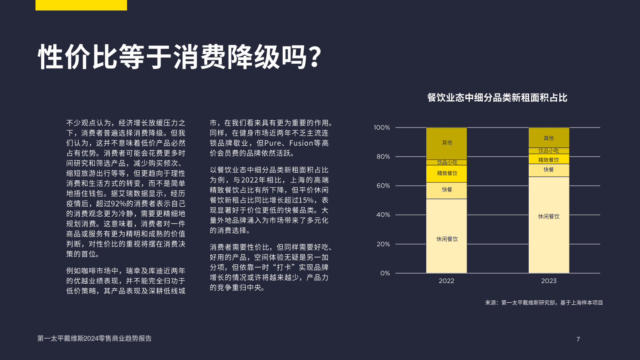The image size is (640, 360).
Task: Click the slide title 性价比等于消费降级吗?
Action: coord(179,57)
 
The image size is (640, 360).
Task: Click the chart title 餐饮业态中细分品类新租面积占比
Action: coord(497,98)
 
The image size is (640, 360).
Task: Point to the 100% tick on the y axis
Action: coord(381,128)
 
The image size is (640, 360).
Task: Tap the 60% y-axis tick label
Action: coord(383,186)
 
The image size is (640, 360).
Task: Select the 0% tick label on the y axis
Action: coord(385,273)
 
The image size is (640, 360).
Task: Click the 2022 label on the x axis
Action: coord(446,281)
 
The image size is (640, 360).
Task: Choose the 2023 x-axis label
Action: coord(548,281)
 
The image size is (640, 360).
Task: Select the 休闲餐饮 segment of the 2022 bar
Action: coord(446,236)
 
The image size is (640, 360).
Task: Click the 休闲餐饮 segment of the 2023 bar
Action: coord(548,225)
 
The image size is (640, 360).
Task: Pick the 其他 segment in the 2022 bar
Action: coord(446,143)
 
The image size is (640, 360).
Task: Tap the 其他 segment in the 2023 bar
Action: coord(548,138)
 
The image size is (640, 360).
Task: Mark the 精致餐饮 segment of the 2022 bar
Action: coord(446,174)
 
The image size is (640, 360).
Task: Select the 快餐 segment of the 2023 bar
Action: coord(548,170)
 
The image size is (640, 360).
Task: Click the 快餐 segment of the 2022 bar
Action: coord(446,190)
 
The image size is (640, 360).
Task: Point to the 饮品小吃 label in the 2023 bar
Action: coord(548,151)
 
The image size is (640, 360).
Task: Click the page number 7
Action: coord(578,339)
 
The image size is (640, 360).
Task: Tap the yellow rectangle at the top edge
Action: coord(81,5)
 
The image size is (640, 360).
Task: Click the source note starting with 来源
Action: coord(544,303)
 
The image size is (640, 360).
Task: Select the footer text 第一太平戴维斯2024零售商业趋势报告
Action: coord(94,339)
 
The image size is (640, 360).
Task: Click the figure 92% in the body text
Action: coord(119,204)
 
